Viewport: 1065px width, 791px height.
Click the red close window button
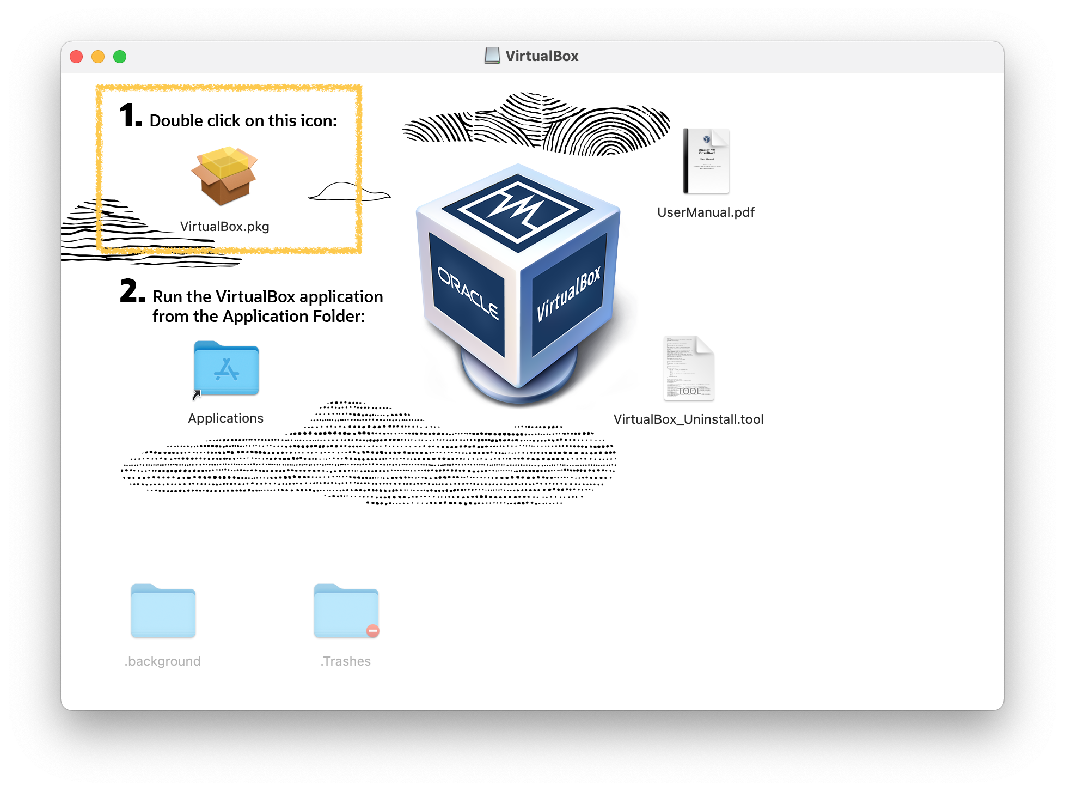[76, 57]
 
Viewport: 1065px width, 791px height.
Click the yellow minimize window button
[98, 57]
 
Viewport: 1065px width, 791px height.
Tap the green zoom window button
[120, 57]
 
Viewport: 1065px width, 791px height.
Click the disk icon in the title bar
[492, 56]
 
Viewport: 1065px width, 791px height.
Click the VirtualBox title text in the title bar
[542, 56]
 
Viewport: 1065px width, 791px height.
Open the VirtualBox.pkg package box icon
[224, 175]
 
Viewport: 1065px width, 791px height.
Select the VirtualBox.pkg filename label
[224, 227]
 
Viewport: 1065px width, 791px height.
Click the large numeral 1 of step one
[129, 115]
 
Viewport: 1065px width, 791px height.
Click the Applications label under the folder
[225, 418]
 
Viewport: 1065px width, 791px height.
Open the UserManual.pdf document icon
[706, 161]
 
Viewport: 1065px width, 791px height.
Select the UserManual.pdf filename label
[706, 212]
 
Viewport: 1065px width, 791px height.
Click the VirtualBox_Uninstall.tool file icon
[689, 368]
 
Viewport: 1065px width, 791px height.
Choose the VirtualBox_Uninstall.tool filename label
[688, 419]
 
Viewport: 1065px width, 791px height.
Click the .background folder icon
[163, 611]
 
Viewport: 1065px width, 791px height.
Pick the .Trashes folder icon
[346, 611]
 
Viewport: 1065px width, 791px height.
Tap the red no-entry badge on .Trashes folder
[372, 631]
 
